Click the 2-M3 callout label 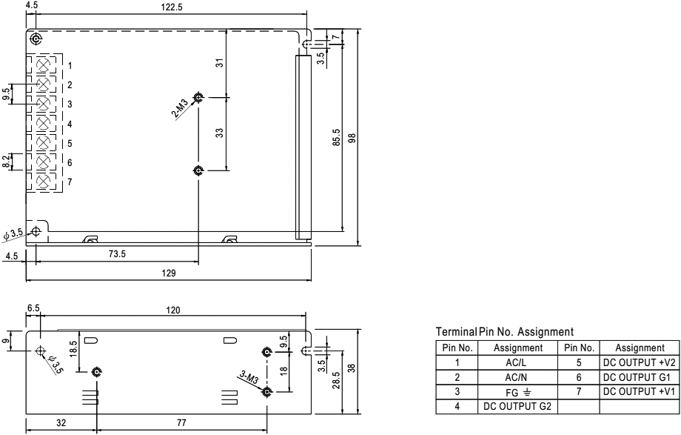[x=180, y=110]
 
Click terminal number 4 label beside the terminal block [x=70, y=124]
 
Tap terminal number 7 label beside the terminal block [x=70, y=182]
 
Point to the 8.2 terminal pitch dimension [x=7, y=161]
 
